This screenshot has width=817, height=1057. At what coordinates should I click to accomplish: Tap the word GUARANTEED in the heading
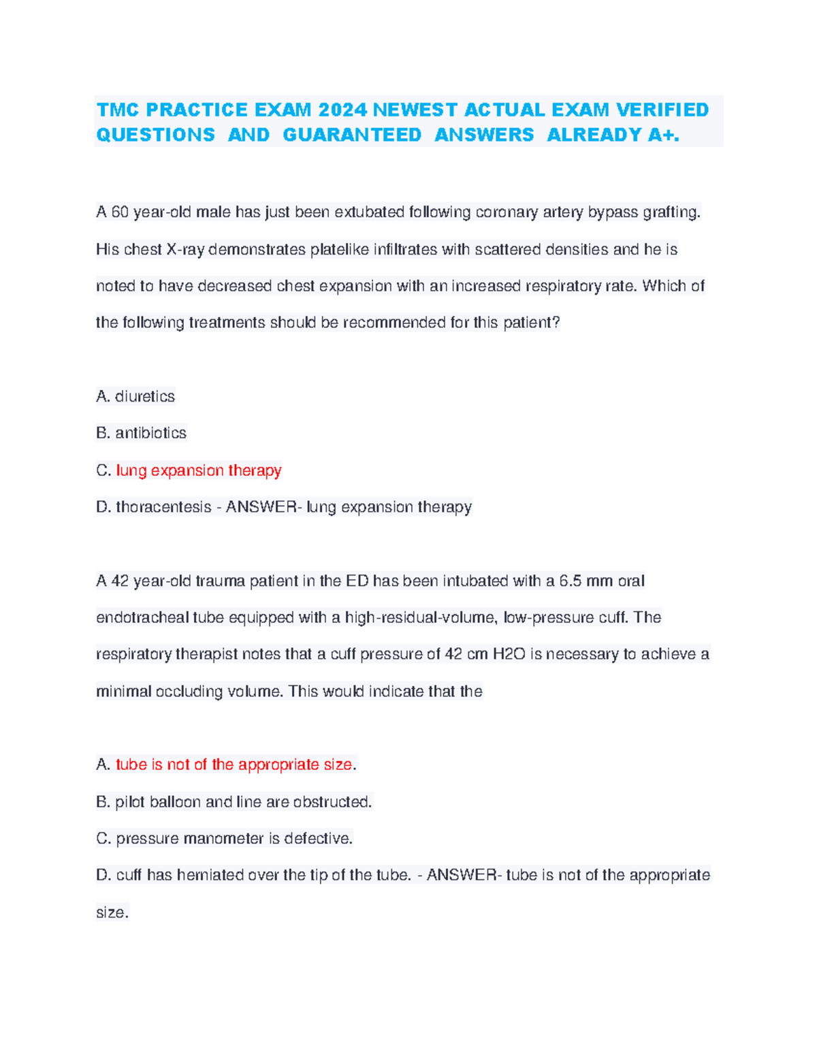[352, 135]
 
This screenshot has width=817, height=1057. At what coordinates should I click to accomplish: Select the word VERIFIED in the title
[662, 110]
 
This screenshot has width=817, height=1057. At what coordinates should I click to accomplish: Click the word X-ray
[185, 250]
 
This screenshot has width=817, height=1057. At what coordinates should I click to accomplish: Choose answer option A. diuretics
[135, 396]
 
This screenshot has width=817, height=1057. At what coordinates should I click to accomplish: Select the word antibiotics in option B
[150, 433]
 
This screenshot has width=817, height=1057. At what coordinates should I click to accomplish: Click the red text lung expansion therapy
[199, 470]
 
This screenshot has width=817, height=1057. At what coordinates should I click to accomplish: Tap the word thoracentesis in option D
[163, 507]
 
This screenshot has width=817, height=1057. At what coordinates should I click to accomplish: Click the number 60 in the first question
[120, 212]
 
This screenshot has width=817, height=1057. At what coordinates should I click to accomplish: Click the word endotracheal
[142, 618]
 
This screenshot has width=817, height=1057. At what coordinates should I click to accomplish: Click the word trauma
[220, 581]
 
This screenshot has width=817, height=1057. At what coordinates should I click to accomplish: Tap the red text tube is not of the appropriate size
[234, 764]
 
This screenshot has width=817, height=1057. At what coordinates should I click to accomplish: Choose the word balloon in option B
[175, 802]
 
